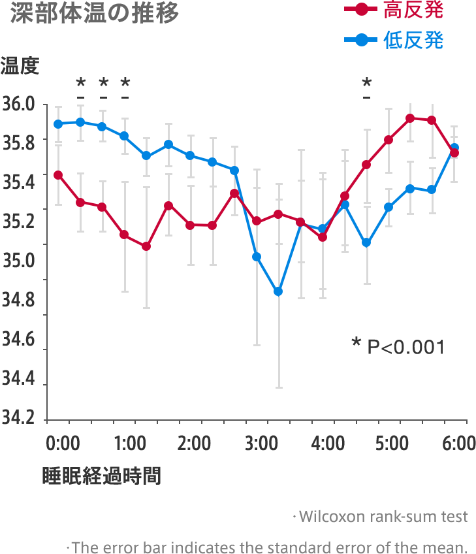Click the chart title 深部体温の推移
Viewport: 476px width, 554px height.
pos(95,14)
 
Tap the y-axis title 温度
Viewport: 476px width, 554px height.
pos(20,65)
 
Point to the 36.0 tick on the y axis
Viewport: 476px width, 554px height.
pos(18,105)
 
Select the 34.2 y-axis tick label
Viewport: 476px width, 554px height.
pos(18,417)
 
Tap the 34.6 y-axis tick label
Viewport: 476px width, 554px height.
pos(18,339)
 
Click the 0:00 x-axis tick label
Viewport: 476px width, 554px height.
pos(63,444)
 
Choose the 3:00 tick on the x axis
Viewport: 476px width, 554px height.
pos(261,444)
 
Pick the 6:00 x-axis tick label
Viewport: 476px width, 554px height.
pos(458,444)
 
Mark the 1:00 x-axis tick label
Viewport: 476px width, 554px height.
pos(129,444)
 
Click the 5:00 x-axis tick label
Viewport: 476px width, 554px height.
pos(392,444)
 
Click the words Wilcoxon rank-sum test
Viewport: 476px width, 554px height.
pos(383,516)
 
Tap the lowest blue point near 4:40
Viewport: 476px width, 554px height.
pos(366,243)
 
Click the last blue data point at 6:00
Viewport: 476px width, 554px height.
pos(455,148)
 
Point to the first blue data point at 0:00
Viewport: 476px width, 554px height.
pos(58,124)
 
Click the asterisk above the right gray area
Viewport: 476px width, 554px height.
pos(367,84)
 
